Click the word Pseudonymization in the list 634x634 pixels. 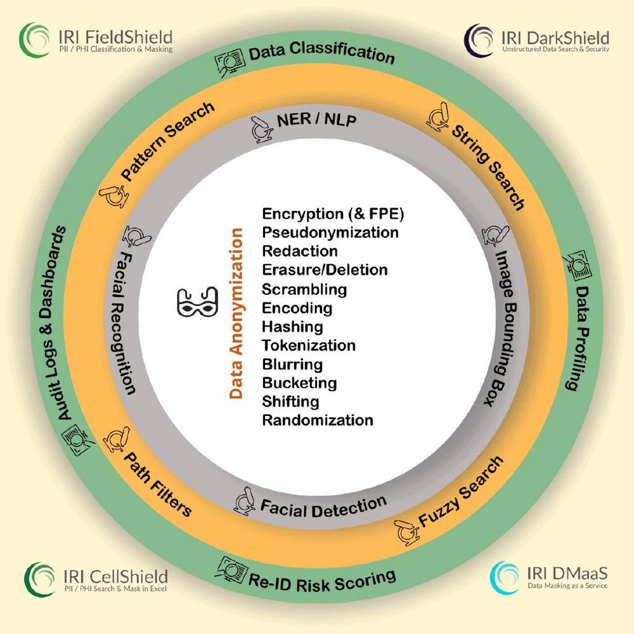[330, 232]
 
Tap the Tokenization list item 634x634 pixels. [309, 346]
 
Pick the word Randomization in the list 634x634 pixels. [318, 420]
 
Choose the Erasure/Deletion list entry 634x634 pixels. [325, 269]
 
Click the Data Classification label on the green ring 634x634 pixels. [321, 53]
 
